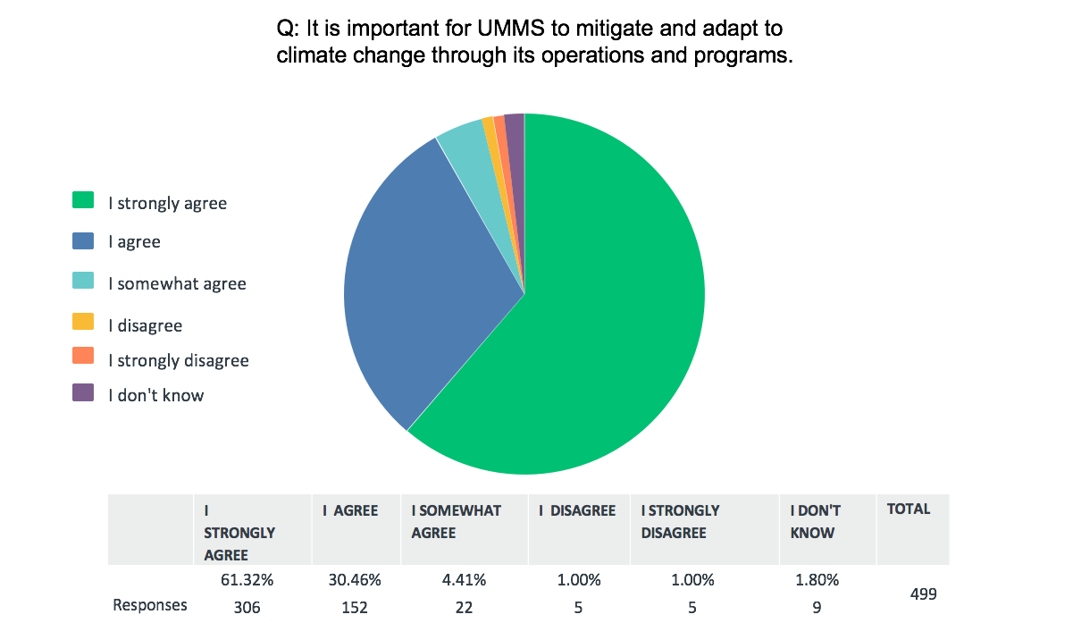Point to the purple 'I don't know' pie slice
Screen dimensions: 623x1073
(516, 134)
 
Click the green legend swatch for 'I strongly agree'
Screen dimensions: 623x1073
(83, 200)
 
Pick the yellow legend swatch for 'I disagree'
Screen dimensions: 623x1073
(83, 322)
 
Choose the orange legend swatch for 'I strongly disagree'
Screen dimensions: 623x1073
(83, 357)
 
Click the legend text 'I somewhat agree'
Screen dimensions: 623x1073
(177, 284)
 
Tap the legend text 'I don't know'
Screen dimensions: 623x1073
(156, 394)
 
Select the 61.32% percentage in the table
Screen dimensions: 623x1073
(247, 580)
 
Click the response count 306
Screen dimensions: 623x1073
(247, 607)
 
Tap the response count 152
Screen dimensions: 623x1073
(354, 607)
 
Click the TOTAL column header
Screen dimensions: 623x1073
(909, 509)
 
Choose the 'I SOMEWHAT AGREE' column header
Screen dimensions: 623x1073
(456, 521)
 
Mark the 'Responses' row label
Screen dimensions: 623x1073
(150, 605)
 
